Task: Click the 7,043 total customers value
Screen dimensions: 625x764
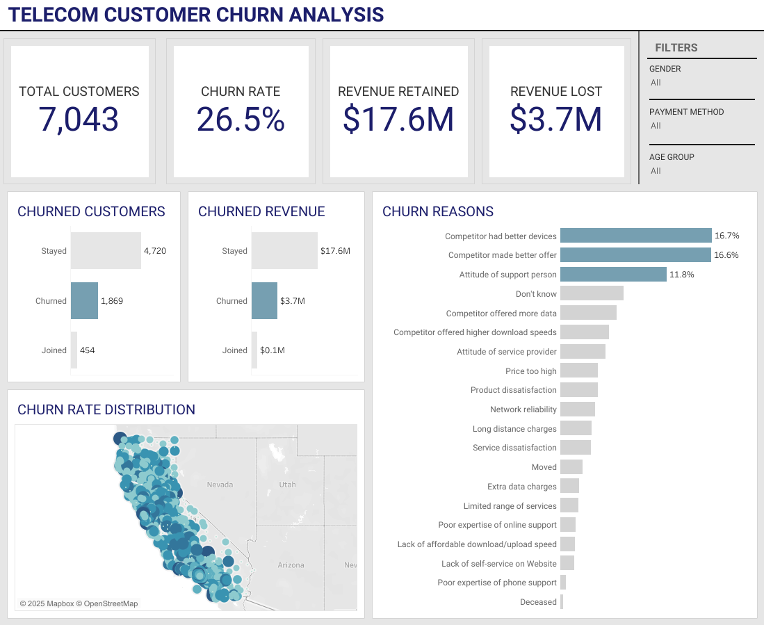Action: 79,119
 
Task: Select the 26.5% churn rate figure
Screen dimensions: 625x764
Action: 241,119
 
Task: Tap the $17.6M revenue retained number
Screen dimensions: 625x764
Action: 398,119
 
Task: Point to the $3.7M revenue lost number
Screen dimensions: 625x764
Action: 555,119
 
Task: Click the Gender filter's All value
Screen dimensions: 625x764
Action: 656,83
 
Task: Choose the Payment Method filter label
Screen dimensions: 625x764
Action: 686,112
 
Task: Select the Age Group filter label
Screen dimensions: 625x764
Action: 672,157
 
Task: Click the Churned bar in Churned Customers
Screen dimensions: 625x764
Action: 84,301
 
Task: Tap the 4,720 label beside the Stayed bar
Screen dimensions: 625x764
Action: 155,251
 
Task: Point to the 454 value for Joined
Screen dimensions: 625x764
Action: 87,350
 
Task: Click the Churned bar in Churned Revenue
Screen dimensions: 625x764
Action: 264,301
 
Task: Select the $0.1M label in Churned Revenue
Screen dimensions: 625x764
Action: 272,350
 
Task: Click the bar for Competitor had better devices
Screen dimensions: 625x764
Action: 635,236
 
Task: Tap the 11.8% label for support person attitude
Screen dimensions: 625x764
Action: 681,275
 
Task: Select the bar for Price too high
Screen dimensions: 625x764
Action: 578,371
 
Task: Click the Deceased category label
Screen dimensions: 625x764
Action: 538,602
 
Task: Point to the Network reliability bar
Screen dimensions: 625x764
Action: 577,409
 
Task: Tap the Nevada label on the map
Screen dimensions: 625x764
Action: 220,485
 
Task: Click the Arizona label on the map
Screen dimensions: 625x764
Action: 291,565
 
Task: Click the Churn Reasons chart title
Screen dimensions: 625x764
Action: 438,212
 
